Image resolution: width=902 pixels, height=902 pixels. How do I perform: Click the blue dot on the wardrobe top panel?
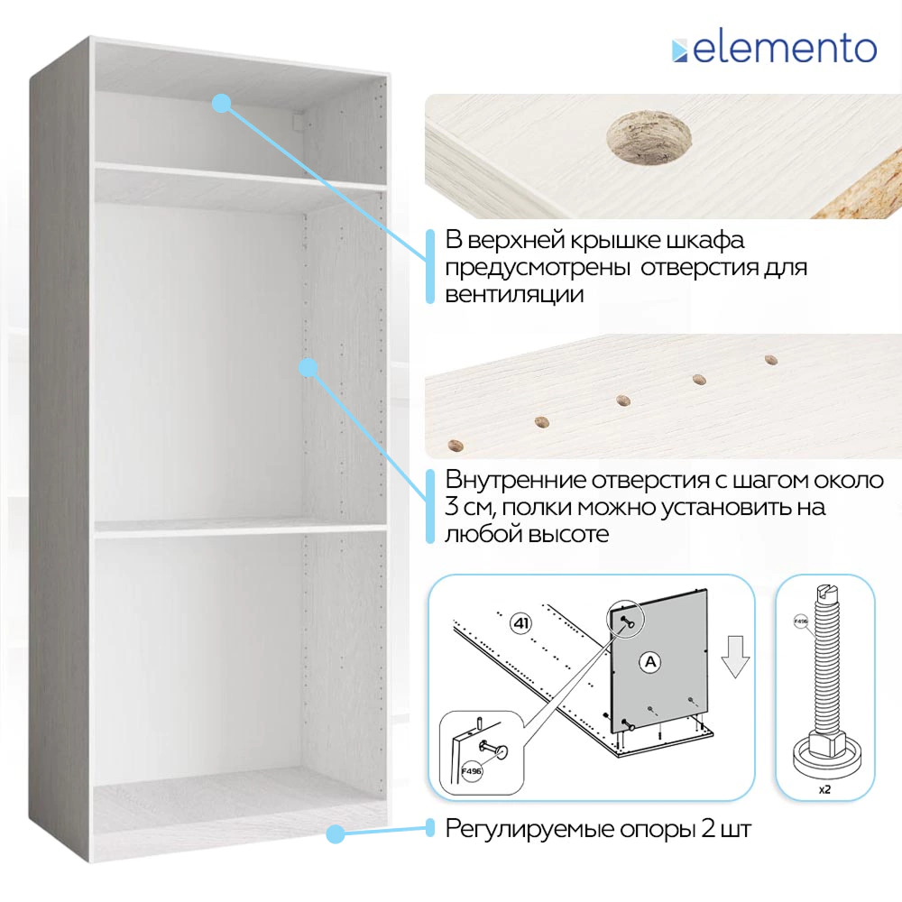pos(221,103)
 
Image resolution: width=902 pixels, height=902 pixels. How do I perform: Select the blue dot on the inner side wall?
pos(308,367)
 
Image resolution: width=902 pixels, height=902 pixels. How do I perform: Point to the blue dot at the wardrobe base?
pos(335,833)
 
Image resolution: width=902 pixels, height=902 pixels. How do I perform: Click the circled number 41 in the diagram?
pos(520,622)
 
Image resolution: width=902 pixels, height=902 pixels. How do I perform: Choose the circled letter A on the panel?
pos(648,662)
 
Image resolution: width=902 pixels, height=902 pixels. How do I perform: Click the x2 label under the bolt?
pos(824,789)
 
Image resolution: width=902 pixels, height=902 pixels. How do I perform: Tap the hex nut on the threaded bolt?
pos(824,742)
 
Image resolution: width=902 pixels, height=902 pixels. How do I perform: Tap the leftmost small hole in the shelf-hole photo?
pos(456,444)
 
